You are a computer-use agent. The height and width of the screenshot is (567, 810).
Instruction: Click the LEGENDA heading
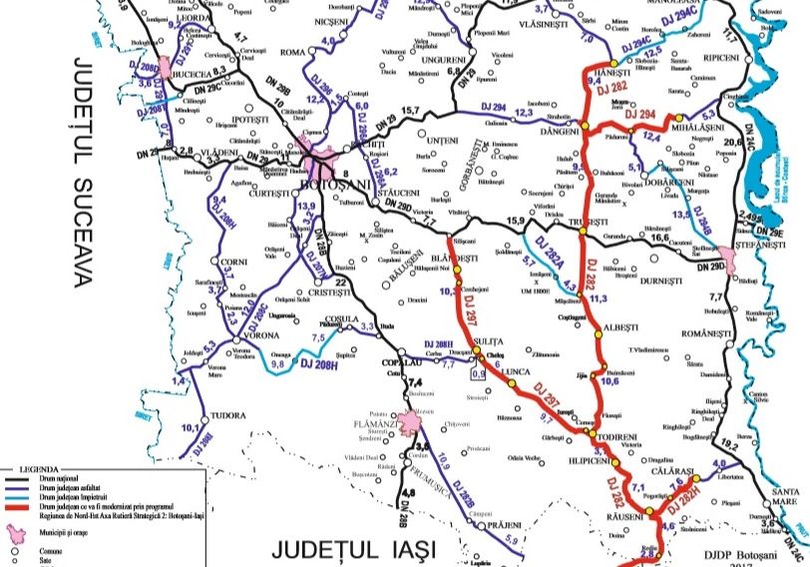click(30, 467)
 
